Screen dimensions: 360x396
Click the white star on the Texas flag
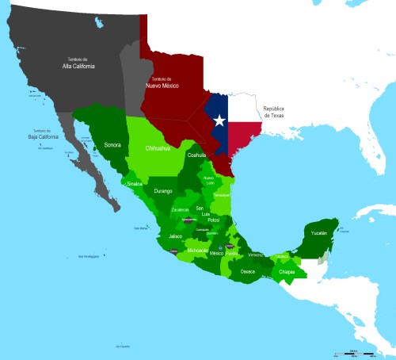pos(219,121)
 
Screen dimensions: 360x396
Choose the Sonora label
pos(112,145)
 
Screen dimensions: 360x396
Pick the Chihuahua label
pos(162,148)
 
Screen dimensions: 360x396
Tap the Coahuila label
pos(196,155)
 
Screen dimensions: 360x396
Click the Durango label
pos(163,191)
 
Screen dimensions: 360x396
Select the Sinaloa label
pos(135,183)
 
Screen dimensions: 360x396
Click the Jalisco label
pos(177,236)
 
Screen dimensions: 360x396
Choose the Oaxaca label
pos(248,271)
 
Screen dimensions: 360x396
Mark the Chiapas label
pos(287,273)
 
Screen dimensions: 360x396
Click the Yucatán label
pos(318,233)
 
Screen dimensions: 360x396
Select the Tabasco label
pos(281,256)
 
